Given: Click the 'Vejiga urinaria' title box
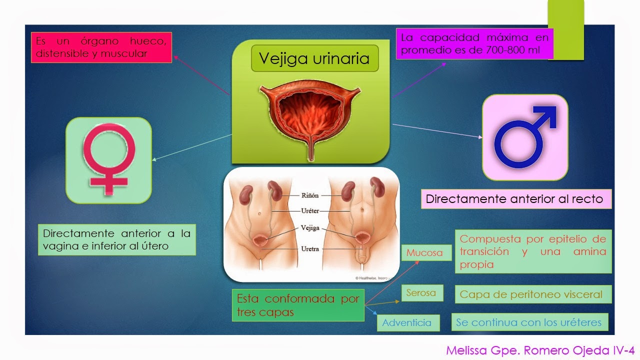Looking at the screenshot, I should (x=314, y=58).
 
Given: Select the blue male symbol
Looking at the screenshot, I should (x=525, y=137).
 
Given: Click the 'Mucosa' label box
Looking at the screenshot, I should (x=424, y=252).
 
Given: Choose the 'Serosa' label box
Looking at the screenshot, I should (x=421, y=292).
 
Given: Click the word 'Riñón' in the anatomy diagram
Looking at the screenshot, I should (x=310, y=195).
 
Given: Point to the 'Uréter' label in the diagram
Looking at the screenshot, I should (x=311, y=211).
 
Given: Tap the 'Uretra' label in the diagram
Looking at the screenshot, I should (x=311, y=248).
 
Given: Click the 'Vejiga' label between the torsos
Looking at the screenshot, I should (x=310, y=228).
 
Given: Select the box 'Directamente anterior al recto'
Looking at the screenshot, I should (x=514, y=199).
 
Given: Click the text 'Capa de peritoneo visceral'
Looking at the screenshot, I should (x=531, y=294).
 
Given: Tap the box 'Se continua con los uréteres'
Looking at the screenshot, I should (x=528, y=322).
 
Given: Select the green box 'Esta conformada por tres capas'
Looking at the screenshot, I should (x=298, y=305).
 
